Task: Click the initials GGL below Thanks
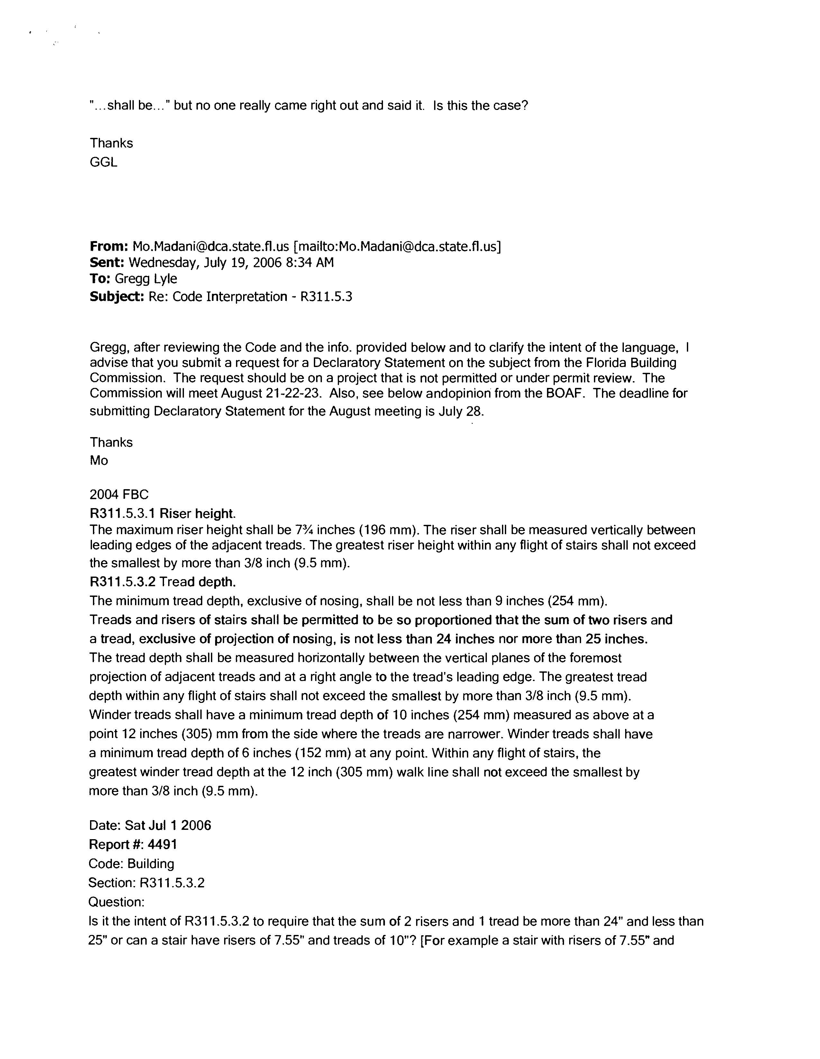coord(103,162)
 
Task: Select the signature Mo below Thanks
coord(99,460)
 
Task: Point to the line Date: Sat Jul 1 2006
coord(150,825)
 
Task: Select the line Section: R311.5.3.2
coord(147,883)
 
